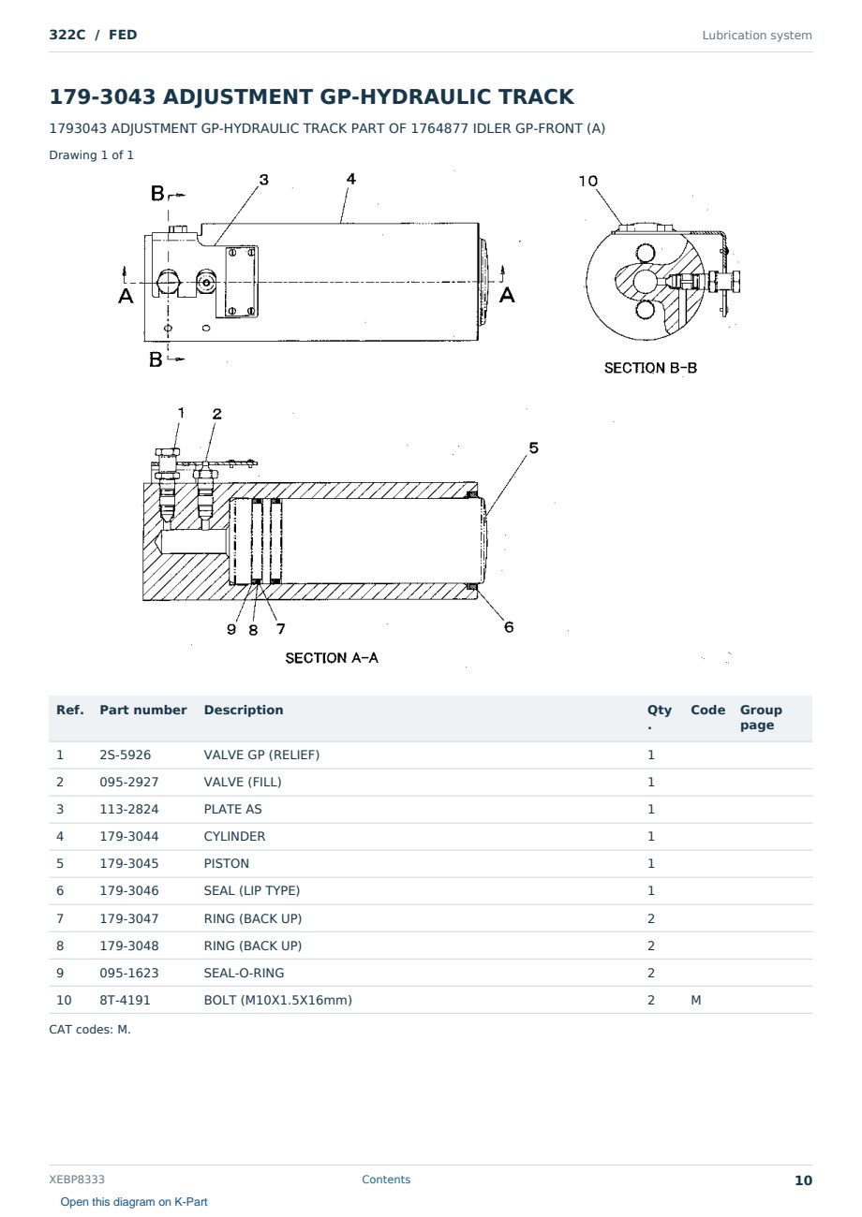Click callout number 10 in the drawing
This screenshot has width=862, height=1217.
[x=587, y=181]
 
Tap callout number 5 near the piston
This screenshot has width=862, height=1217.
[x=533, y=447]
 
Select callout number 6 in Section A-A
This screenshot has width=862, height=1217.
[x=509, y=627]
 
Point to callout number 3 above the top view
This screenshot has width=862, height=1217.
[x=264, y=180]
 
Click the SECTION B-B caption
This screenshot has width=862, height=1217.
[x=650, y=368]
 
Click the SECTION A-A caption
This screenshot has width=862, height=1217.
[x=332, y=658]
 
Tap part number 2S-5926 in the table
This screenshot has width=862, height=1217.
[x=126, y=755]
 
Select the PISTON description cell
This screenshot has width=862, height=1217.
[x=226, y=863]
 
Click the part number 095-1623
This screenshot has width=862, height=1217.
[x=129, y=973]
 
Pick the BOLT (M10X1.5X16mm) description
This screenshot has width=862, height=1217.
[x=278, y=1000]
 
